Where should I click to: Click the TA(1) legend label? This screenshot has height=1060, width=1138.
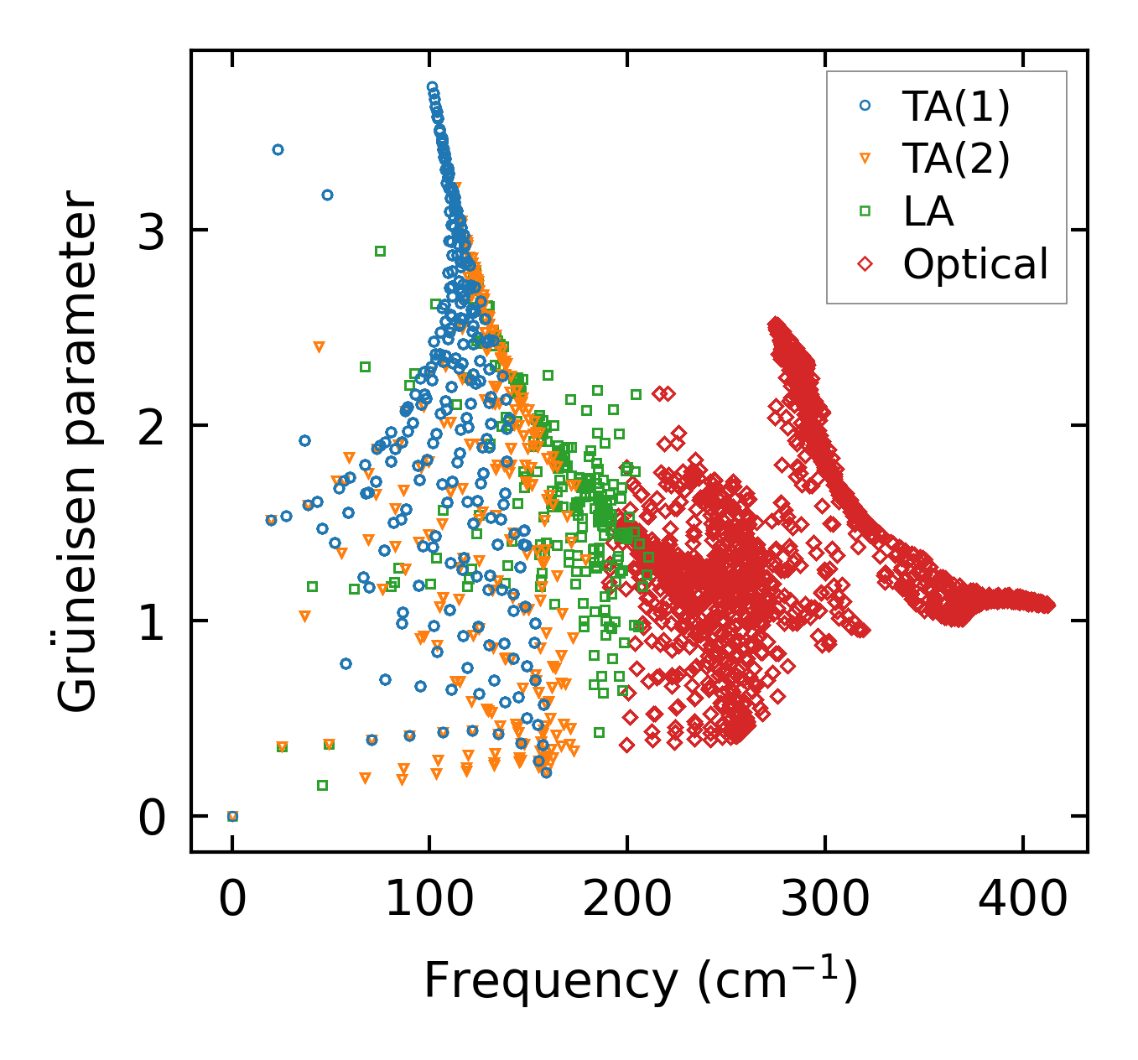click(956, 106)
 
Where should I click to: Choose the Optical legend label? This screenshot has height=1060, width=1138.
click(975, 264)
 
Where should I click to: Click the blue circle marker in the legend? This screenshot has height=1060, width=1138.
click(865, 106)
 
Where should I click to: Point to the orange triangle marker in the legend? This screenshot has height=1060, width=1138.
click(865, 158)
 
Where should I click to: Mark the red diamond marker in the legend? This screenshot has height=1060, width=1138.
click(865, 264)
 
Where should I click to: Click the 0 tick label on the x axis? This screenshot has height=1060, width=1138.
click(232, 901)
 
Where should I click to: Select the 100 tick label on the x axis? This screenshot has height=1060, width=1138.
click(429, 901)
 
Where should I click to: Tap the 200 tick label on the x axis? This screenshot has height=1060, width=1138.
click(626, 901)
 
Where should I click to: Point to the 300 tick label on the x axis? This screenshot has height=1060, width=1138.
click(824, 901)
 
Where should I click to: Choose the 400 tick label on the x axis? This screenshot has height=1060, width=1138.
click(1022, 901)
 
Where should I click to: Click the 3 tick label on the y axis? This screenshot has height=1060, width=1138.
click(152, 231)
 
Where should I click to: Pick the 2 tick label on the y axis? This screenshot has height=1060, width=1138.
click(152, 426)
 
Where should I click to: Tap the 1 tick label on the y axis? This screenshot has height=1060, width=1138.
click(152, 621)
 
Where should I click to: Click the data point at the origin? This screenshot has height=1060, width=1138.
click(232, 816)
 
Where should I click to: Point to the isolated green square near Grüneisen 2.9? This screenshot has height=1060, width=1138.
click(380, 251)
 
